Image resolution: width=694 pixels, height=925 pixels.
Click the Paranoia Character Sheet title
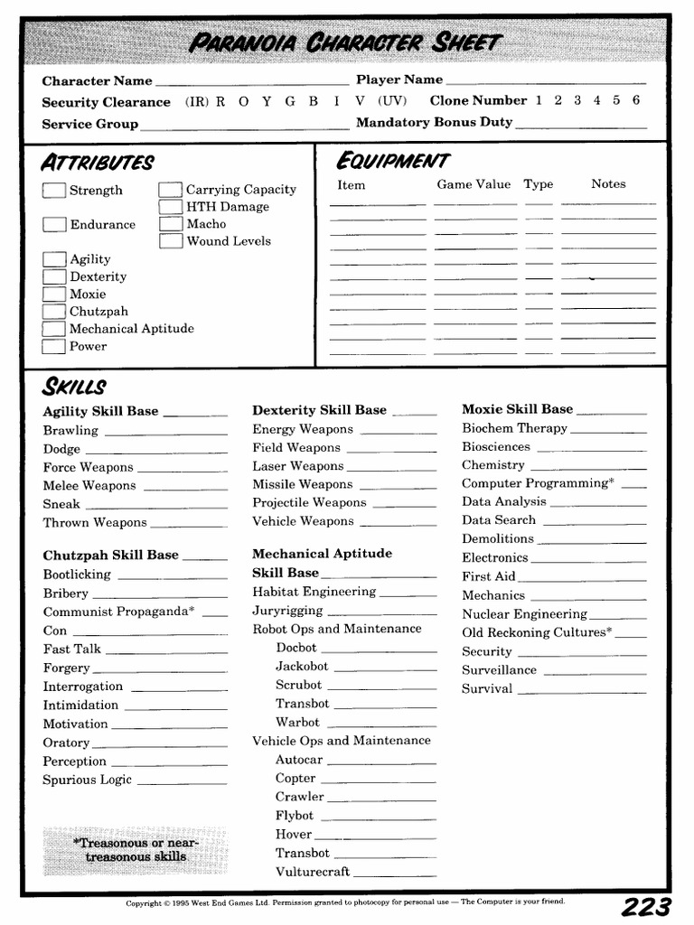pyautogui.click(x=345, y=42)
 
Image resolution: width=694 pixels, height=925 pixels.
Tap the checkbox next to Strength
pyautogui.click(x=54, y=191)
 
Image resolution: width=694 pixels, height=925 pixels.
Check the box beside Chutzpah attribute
pyautogui.click(x=54, y=312)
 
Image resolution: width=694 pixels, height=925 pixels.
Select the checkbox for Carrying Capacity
pyautogui.click(x=171, y=190)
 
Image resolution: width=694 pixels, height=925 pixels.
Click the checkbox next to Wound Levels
pyautogui.click(x=171, y=241)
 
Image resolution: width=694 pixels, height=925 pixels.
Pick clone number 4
pyautogui.click(x=597, y=100)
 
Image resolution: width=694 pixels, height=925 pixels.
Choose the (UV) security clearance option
pyautogui.click(x=392, y=101)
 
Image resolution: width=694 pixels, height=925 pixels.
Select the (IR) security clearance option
pyautogui.click(x=197, y=101)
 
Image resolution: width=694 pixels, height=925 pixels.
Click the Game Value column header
pyautogui.click(x=474, y=184)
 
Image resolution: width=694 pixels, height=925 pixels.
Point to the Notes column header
pyautogui.click(x=608, y=184)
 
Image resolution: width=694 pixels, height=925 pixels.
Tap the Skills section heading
pyautogui.click(x=74, y=388)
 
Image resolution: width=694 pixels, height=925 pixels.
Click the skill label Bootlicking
pyautogui.click(x=77, y=575)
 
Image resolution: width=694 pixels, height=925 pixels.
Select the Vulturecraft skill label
pyautogui.click(x=313, y=872)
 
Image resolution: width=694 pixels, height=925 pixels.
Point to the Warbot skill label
pyautogui.click(x=297, y=722)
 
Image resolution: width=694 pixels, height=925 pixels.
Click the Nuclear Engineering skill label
pyautogui.click(x=524, y=614)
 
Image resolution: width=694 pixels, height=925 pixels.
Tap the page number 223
pyautogui.click(x=645, y=907)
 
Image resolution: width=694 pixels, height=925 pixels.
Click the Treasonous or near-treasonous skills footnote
pyautogui.click(x=136, y=849)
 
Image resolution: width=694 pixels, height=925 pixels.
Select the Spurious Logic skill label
pyautogui.click(x=88, y=780)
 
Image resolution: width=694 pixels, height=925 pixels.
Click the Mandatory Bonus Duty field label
pyautogui.click(x=434, y=123)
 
